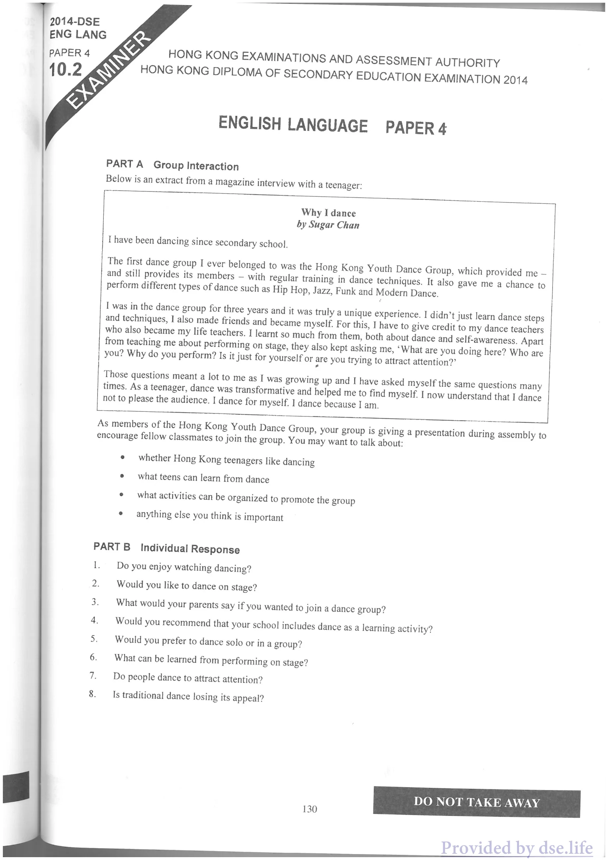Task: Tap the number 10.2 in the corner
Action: coord(66,70)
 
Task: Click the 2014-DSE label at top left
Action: coord(75,21)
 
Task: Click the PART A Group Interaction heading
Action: coord(172,165)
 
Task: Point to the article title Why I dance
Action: coord(328,213)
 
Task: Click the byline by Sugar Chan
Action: coord(328,225)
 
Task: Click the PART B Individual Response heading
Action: coord(167,548)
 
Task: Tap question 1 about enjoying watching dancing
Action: coord(184,567)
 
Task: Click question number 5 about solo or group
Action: coord(208,642)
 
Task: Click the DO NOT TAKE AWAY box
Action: coord(476,802)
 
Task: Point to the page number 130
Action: coord(310,809)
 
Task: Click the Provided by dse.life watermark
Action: coord(517,847)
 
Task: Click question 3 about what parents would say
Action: coord(250,606)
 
